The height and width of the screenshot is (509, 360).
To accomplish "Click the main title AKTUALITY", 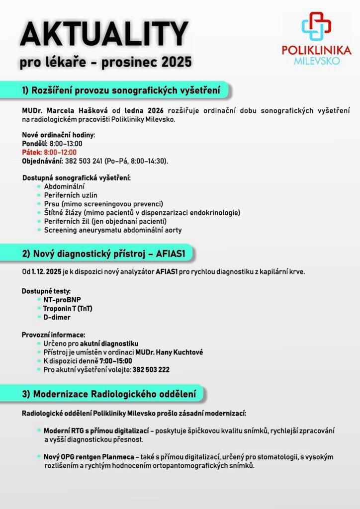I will tap(104, 35).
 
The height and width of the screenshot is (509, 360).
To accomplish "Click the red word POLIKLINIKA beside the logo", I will tap(316, 50).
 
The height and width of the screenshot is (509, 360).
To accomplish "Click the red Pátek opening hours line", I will tap(49, 152).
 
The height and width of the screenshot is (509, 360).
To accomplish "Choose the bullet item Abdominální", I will tap(64, 186).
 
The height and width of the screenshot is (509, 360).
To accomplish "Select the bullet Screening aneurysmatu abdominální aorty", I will tap(112, 230).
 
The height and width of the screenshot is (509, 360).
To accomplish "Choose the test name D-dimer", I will tap(57, 317).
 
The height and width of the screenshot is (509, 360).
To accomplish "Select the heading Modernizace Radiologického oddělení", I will tap(109, 394).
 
